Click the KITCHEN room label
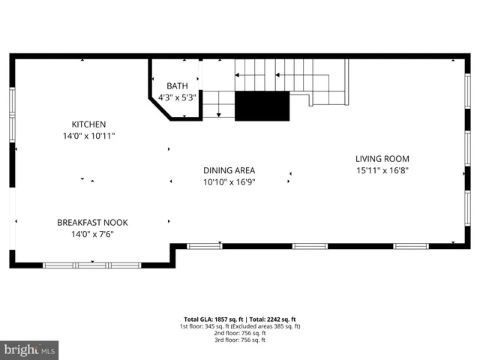(x=88, y=124)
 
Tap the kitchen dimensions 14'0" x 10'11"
(x=88, y=136)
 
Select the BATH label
(x=177, y=86)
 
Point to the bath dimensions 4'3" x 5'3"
(x=177, y=97)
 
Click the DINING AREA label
(x=229, y=170)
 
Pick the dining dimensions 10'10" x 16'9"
(x=229, y=182)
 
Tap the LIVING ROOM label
(x=382, y=158)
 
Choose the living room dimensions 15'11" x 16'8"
(x=382, y=170)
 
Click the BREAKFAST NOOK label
(x=93, y=222)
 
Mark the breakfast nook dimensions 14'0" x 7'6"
(x=93, y=234)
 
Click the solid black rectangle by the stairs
(x=262, y=106)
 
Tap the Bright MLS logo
(x=29, y=350)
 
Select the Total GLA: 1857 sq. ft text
(x=213, y=319)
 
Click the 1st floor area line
(x=240, y=326)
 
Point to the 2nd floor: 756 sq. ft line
(x=240, y=333)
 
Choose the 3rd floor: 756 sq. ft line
(x=240, y=340)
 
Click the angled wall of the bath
(x=160, y=104)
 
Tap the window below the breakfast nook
(x=91, y=265)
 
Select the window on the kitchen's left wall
(x=12, y=112)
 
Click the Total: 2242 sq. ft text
(x=272, y=319)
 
